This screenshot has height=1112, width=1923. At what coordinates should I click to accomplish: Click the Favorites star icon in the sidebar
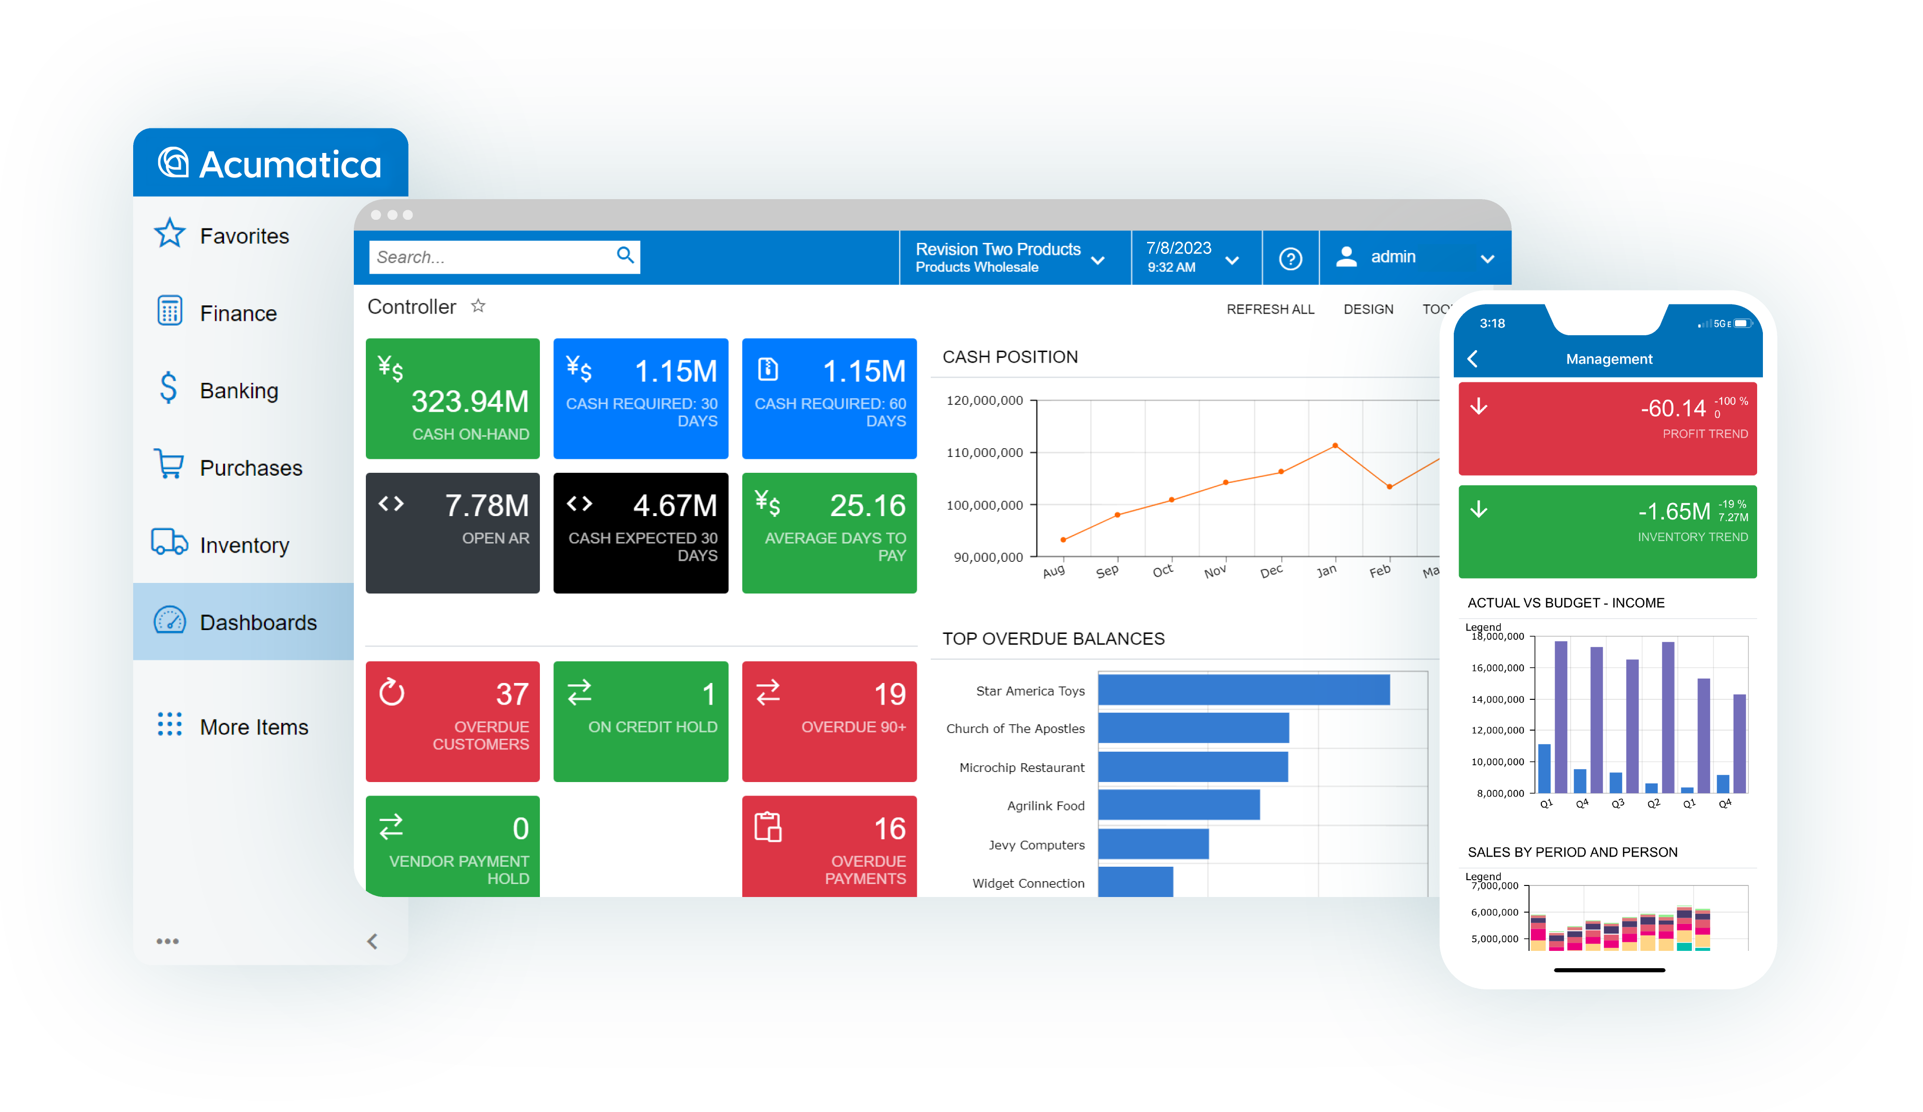[169, 234]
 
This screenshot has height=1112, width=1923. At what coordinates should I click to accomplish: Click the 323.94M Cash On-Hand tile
[452, 398]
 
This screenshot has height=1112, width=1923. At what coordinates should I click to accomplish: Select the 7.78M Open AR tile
[452, 533]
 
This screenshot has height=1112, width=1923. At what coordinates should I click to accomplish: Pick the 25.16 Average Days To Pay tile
[829, 533]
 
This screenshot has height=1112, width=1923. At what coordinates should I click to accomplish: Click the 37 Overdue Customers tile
[452, 721]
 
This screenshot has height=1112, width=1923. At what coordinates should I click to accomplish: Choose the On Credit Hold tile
[641, 721]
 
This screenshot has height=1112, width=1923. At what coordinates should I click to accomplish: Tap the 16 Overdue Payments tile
[829, 846]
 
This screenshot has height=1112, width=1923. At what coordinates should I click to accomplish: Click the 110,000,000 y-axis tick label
[985, 453]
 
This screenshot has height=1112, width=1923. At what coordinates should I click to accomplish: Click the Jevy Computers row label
[1037, 845]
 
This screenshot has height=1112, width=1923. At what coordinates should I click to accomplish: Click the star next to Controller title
[478, 306]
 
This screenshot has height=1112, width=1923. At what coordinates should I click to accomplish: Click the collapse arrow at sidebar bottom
[373, 941]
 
